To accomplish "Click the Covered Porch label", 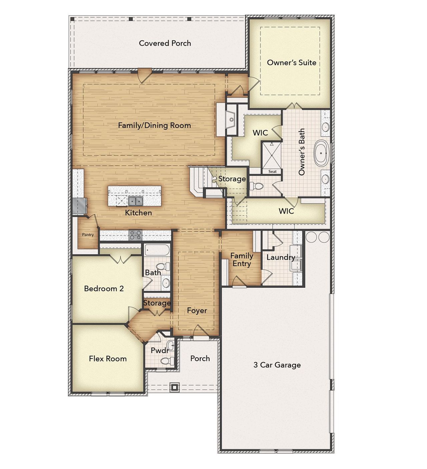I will pyautogui.click(x=165, y=43).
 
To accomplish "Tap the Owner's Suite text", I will pyautogui.click(x=291, y=62).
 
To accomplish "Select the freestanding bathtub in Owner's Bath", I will pyautogui.click(x=321, y=153).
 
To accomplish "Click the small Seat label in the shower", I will pyautogui.click(x=273, y=172).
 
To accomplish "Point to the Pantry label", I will pyautogui.click(x=88, y=235).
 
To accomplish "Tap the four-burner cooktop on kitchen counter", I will pyautogui.click(x=135, y=235).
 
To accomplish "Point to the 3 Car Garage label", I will pyautogui.click(x=277, y=365).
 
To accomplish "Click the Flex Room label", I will pyautogui.click(x=108, y=359).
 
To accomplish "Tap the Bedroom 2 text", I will pyautogui.click(x=104, y=288).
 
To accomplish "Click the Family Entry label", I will pyautogui.click(x=242, y=260).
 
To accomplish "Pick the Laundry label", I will pyautogui.click(x=280, y=257).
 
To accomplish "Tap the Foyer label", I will pyautogui.click(x=197, y=310).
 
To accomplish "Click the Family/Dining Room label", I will pyautogui.click(x=154, y=126).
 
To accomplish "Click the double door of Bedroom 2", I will pyautogui.click(x=120, y=259).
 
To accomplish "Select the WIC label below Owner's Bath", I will pyautogui.click(x=286, y=211).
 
